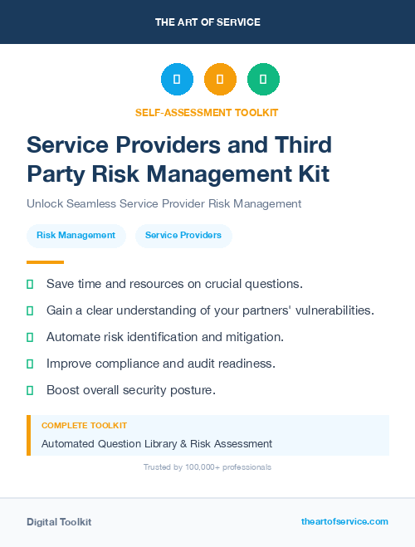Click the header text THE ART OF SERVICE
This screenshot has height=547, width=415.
[x=207, y=22]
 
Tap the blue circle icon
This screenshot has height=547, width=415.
[x=177, y=80]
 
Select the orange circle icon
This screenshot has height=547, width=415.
[x=220, y=80]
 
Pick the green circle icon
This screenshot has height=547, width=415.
[x=263, y=80]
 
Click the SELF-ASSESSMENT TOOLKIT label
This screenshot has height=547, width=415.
[x=207, y=112]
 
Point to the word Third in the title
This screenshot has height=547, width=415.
[x=303, y=144]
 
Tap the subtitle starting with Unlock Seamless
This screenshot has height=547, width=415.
[x=164, y=203]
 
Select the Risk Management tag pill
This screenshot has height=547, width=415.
[x=76, y=236]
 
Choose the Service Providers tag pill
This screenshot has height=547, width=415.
[x=183, y=236]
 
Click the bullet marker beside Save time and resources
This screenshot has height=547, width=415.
[x=30, y=284]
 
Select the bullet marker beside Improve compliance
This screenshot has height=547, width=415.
[x=30, y=364]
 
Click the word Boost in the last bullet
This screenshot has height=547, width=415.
[x=63, y=390]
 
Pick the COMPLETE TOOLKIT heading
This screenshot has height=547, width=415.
[x=84, y=425]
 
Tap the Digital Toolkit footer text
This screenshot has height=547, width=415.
[x=59, y=522]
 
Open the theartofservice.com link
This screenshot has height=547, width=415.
[x=344, y=521]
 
